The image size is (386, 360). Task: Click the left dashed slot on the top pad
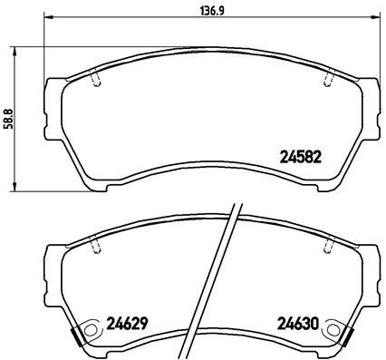pyautogui.click(x=97, y=81)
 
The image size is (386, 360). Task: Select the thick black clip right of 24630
pyautogui.click(x=349, y=336)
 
